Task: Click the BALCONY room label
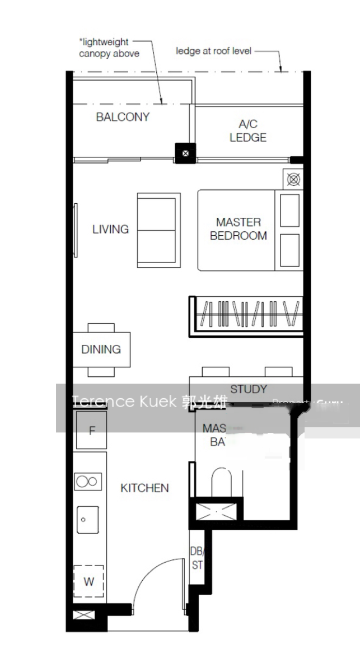coord(123,117)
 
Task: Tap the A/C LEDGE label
coord(248,131)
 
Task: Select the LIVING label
coord(110,229)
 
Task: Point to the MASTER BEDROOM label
coord(238,229)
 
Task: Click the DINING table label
coord(101,349)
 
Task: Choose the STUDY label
coord(249,389)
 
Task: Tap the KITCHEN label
coord(144,488)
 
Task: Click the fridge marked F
coord(92,431)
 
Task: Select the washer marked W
coord(89,582)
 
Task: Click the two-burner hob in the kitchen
coord(88,482)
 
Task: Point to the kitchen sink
coord(87,520)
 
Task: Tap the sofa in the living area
coord(158,230)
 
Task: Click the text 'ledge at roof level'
coord(214,51)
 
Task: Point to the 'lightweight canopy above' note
coord(109,48)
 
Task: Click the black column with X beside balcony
coord(186,152)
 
